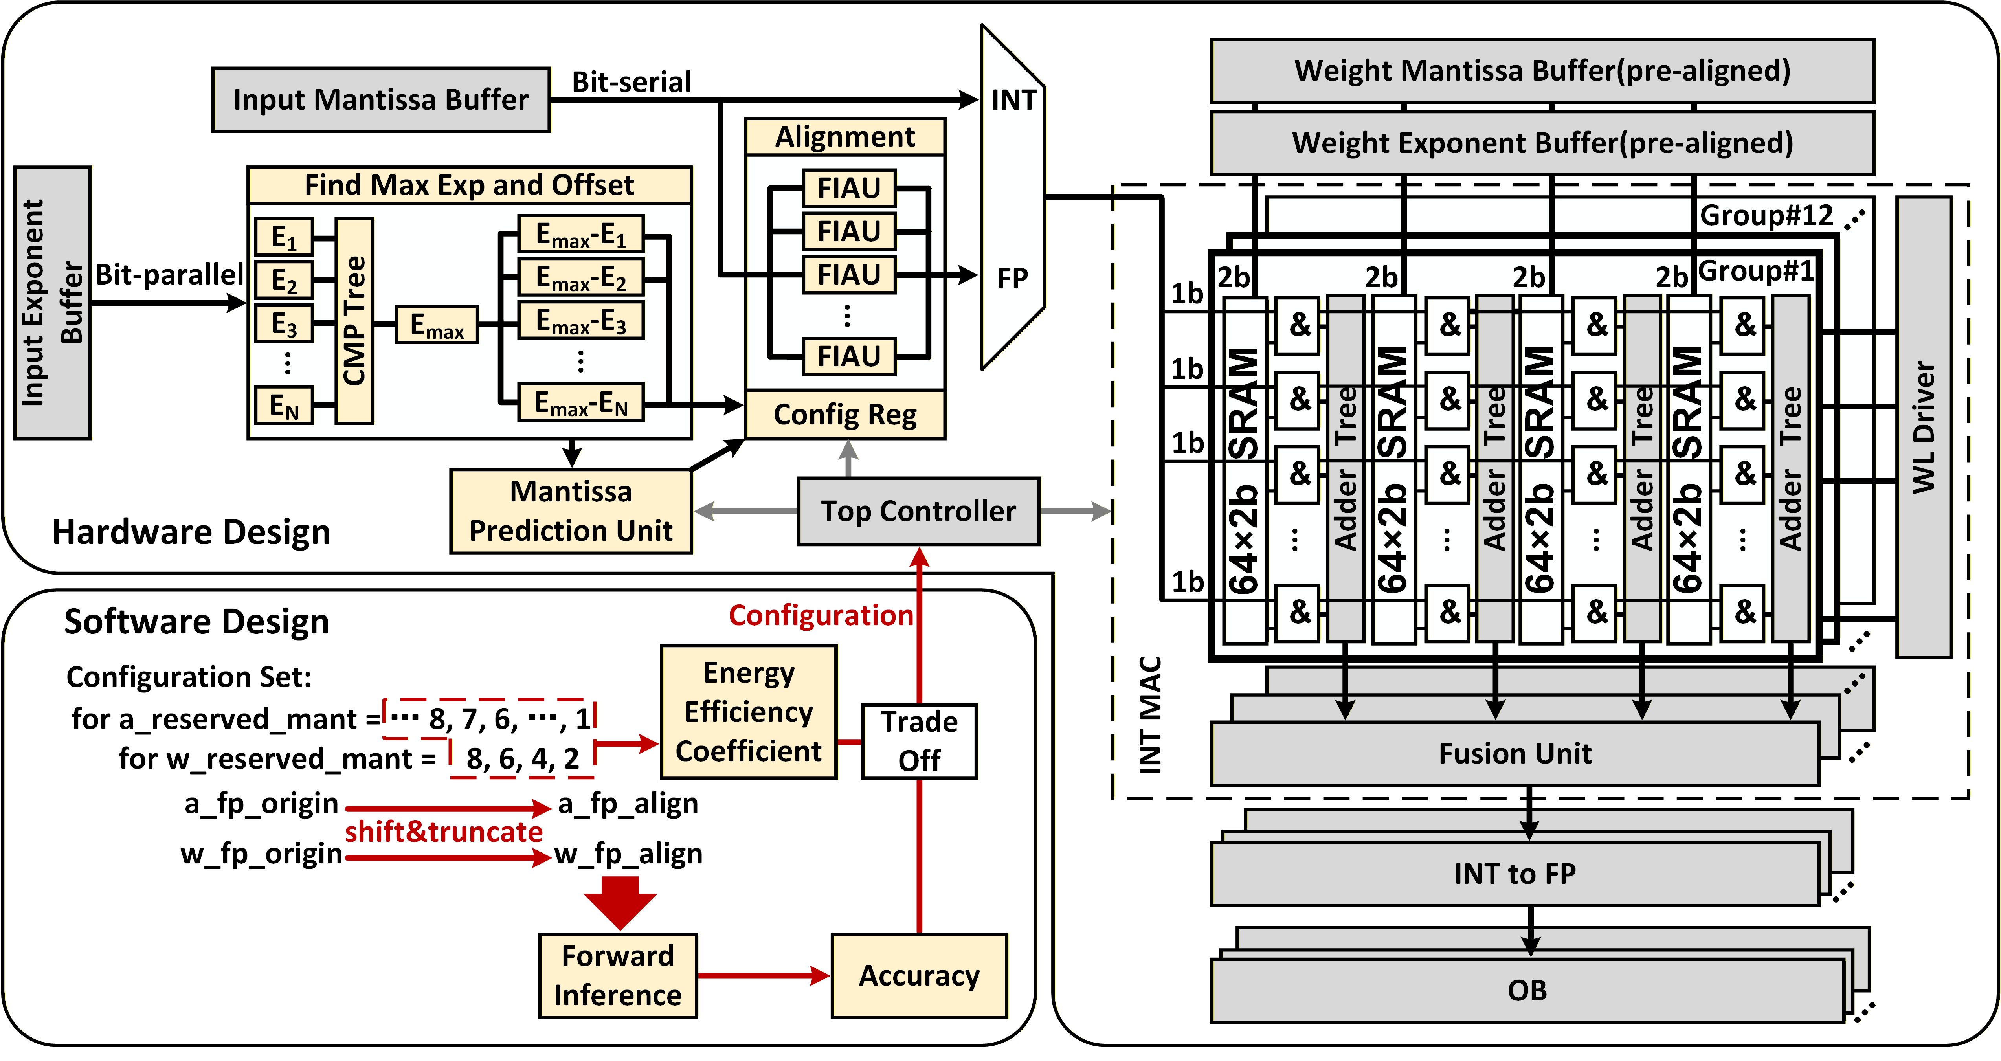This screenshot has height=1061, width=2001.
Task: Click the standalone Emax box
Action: point(437,325)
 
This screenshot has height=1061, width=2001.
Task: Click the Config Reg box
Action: point(845,415)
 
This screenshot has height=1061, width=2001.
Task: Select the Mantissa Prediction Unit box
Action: point(571,511)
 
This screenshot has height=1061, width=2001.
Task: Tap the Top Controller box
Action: point(918,511)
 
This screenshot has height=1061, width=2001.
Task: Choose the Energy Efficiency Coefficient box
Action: point(748,712)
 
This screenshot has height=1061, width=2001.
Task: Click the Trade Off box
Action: point(919,741)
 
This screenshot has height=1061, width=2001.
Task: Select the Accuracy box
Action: point(919,976)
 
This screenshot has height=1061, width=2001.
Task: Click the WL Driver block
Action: point(1923,427)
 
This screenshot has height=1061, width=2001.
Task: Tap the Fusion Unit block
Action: point(1515,753)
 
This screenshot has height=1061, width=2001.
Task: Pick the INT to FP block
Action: point(1515,874)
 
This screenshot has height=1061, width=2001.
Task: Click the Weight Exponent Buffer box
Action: point(1542,143)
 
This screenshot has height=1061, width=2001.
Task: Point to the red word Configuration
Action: point(820,615)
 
